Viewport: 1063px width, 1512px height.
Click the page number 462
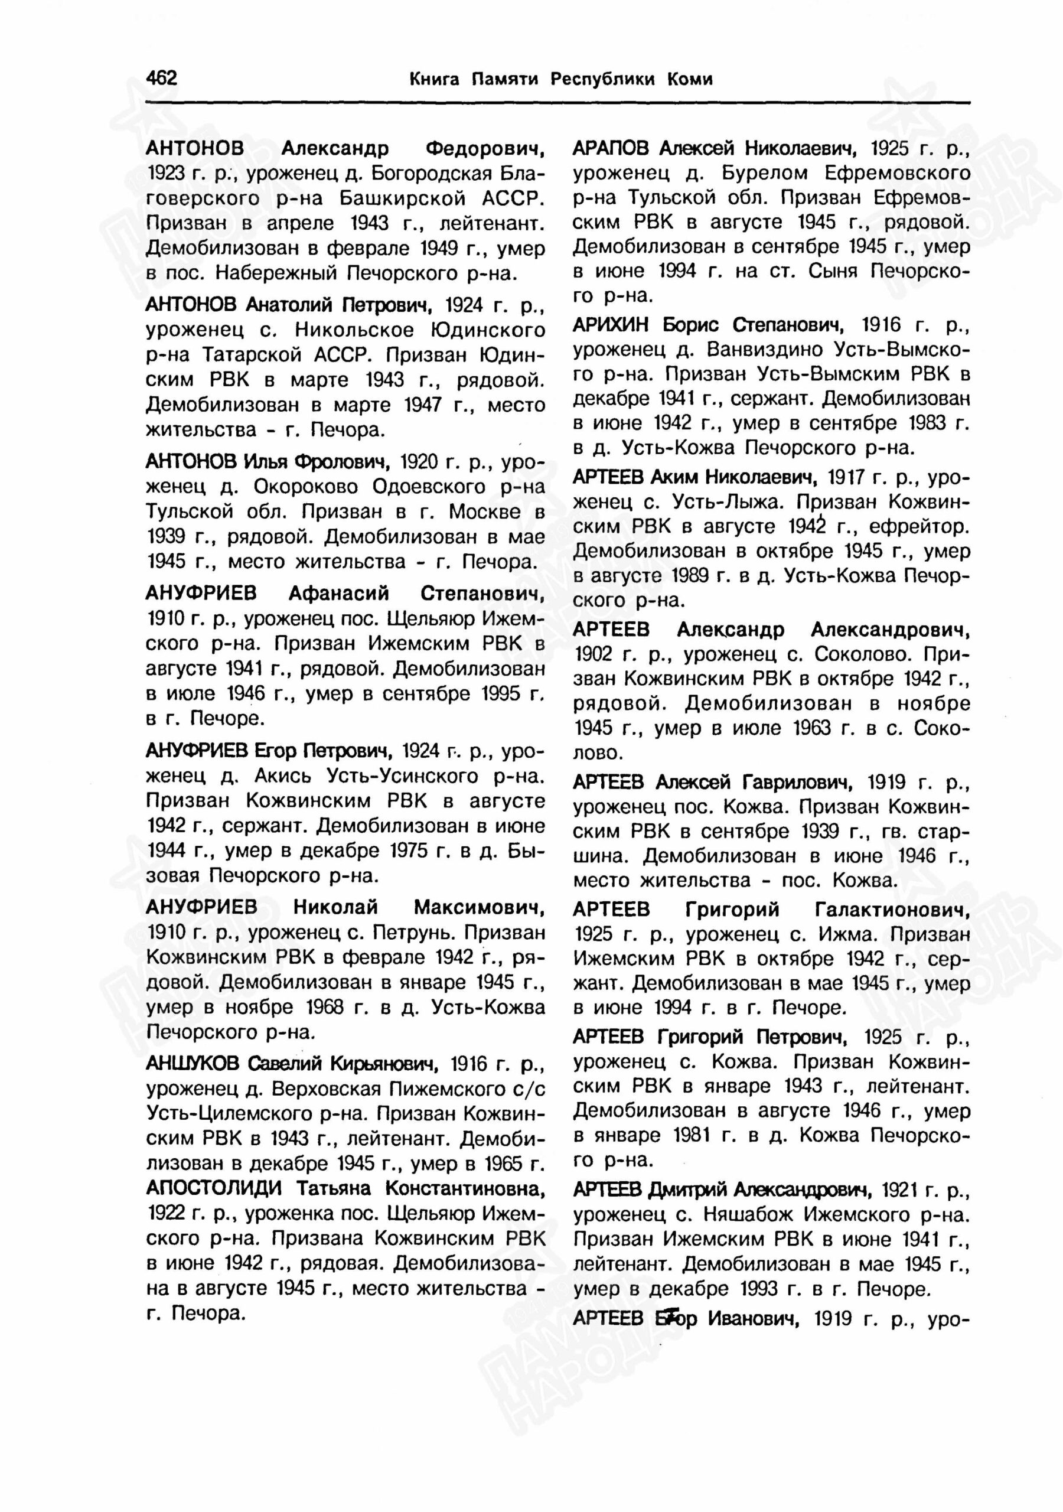(x=161, y=79)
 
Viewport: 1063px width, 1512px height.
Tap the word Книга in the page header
(x=433, y=80)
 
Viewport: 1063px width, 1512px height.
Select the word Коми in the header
(x=690, y=80)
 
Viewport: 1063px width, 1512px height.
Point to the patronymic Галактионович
(x=892, y=910)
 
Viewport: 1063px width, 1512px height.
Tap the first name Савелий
(x=286, y=1064)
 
